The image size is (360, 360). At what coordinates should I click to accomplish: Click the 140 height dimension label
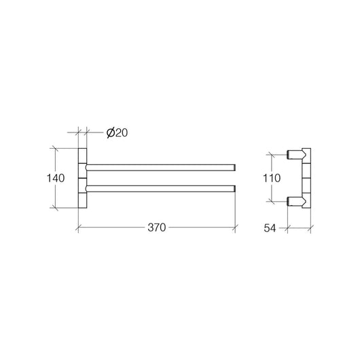[x=56, y=178]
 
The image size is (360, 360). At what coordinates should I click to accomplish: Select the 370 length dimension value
[x=156, y=229]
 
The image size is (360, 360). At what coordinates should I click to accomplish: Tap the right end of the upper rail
[x=234, y=166]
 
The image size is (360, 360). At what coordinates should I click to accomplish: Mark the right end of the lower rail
[x=234, y=186]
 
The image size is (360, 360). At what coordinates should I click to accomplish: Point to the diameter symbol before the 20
[x=110, y=132]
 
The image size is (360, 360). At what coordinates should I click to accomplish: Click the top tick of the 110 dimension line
[x=272, y=154]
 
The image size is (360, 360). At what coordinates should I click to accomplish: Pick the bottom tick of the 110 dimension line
[x=272, y=200]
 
